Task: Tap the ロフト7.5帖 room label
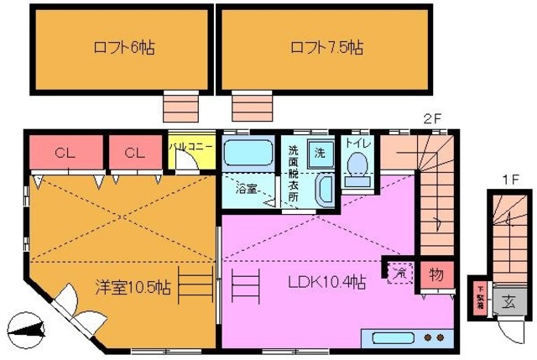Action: click(326, 47)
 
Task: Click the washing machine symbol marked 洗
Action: click(319, 153)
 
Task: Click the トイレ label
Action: click(357, 143)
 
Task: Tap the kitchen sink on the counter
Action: click(391, 337)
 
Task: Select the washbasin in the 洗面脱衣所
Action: click(324, 190)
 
